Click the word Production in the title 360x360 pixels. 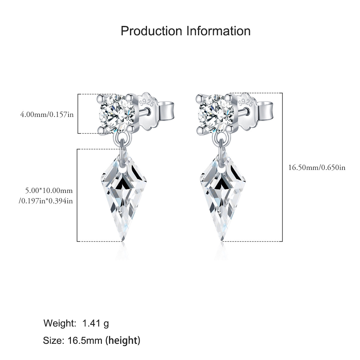tap(151, 31)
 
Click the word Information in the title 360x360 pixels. tap(219, 31)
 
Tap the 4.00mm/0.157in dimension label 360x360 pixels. tap(47, 114)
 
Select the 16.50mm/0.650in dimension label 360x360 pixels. tap(317, 168)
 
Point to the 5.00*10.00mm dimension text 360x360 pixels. tap(49, 190)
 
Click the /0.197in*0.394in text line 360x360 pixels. tap(46, 201)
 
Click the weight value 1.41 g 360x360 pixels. tap(95, 324)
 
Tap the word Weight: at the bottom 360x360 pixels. tap(60, 324)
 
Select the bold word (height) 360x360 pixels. tap(123, 341)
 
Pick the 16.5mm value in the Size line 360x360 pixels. tap(85, 341)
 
